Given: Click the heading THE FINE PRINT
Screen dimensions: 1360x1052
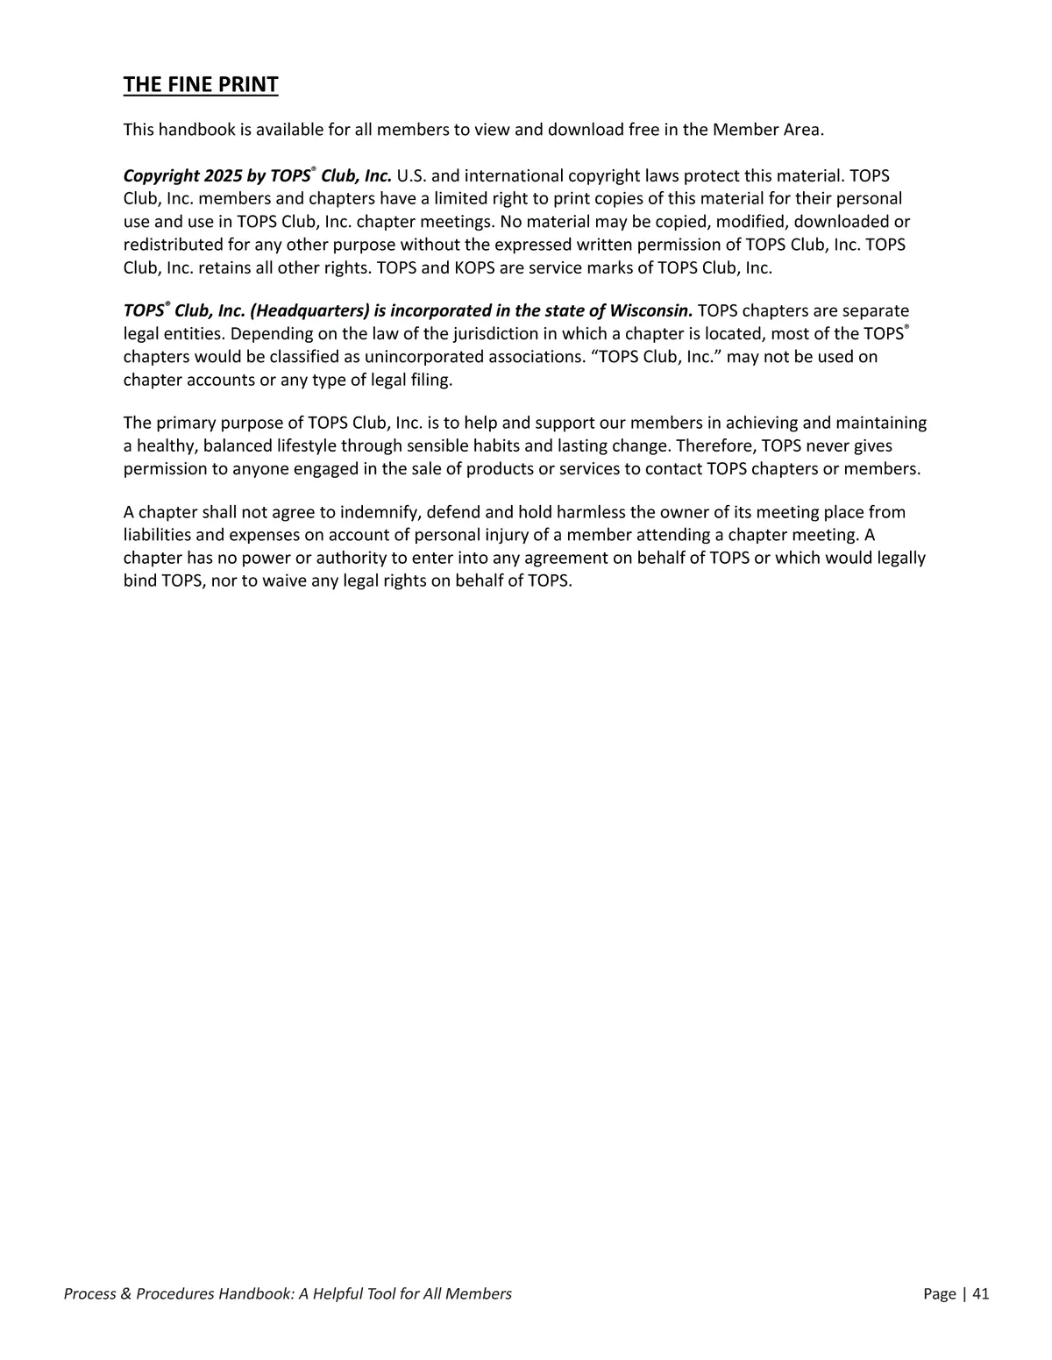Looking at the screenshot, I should pyautogui.click(x=201, y=85).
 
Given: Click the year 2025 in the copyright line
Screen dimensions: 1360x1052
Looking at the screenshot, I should pyautogui.click(x=223, y=176).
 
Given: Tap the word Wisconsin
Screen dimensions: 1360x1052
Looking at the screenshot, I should pyautogui.click(x=650, y=311).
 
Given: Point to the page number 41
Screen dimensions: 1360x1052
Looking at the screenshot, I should pyautogui.click(x=980, y=1293).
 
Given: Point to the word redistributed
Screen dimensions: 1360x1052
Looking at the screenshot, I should pyautogui.click(x=172, y=246).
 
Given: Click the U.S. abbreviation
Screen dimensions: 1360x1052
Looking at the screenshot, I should pyautogui.click(x=411, y=176).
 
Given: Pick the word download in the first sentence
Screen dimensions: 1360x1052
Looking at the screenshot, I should pyautogui.click(x=586, y=131).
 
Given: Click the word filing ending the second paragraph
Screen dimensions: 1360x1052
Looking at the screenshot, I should pyautogui.click(x=430, y=380).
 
